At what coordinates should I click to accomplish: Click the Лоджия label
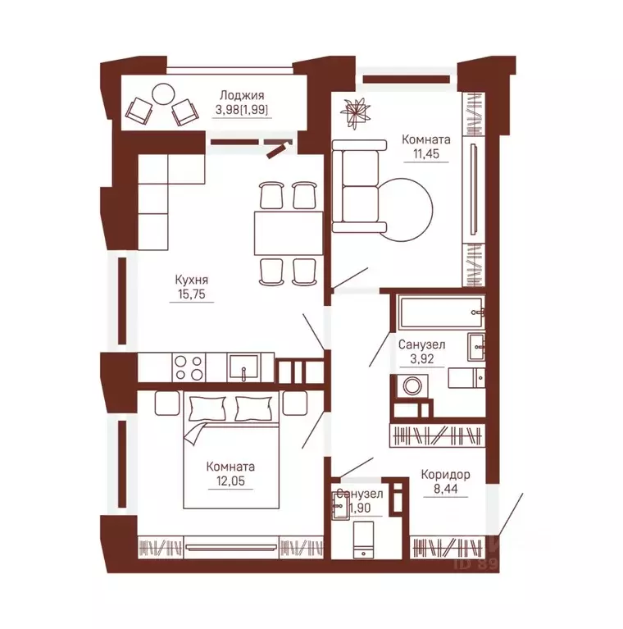tap(242, 95)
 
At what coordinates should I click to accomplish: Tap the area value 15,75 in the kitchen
tap(192, 294)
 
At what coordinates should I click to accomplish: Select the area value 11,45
tap(425, 153)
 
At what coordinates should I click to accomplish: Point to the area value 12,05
tap(230, 481)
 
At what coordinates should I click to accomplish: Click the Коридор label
tap(445, 475)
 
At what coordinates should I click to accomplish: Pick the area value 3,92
tap(421, 358)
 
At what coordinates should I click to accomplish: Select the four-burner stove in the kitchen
tap(189, 367)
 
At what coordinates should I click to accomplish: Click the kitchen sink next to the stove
tap(243, 367)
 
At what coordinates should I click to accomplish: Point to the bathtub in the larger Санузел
tap(440, 312)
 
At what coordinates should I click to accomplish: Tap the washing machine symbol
tap(412, 386)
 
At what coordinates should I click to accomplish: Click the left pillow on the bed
tap(207, 408)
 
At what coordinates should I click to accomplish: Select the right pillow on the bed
tap(253, 408)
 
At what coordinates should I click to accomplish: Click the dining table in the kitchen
tap(289, 234)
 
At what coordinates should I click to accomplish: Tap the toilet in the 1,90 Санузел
tap(364, 540)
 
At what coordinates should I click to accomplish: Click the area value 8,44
tap(445, 489)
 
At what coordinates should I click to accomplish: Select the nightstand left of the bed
tap(166, 403)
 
